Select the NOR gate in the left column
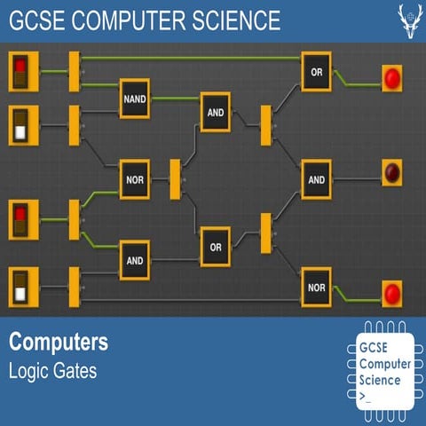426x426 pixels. (x=135, y=178)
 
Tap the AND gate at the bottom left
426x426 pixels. (x=135, y=260)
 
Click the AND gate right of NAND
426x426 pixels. (x=215, y=112)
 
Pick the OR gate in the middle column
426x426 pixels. (x=215, y=247)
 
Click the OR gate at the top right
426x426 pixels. (x=317, y=71)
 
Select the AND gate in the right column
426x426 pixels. (x=317, y=178)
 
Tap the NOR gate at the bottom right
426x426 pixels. (x=317, y=287)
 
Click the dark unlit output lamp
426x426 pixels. (x=392, y=171)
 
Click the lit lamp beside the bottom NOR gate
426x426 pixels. (x=392, y=292)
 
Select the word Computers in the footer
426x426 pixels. (x=59, y=342)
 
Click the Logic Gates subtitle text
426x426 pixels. (x=52, y=370)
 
